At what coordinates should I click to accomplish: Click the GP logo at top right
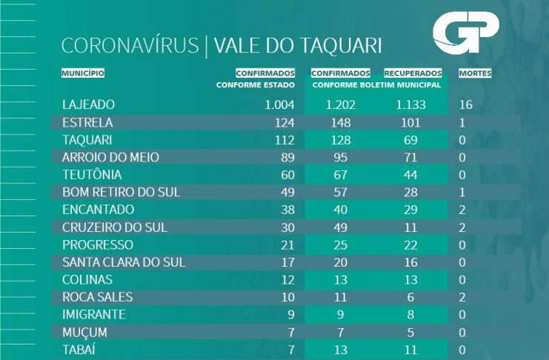[x=466, y=36]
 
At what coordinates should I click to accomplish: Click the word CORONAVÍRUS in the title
[x=130, y=46]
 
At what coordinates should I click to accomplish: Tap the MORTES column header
[x=475, y=73]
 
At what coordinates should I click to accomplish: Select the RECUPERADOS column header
[x=413, y=73]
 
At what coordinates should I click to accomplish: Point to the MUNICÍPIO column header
[x=83, y=73]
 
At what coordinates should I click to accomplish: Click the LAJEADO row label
[x=89, y=104]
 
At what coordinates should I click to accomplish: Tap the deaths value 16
[x=466, y=104]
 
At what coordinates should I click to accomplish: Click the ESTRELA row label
[x=87, y=122]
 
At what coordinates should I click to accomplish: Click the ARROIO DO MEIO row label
[x=111, y=157]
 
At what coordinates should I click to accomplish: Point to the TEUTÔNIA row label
[x=93, y=175]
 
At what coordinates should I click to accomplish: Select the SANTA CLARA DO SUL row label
[x=124, y=262]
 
